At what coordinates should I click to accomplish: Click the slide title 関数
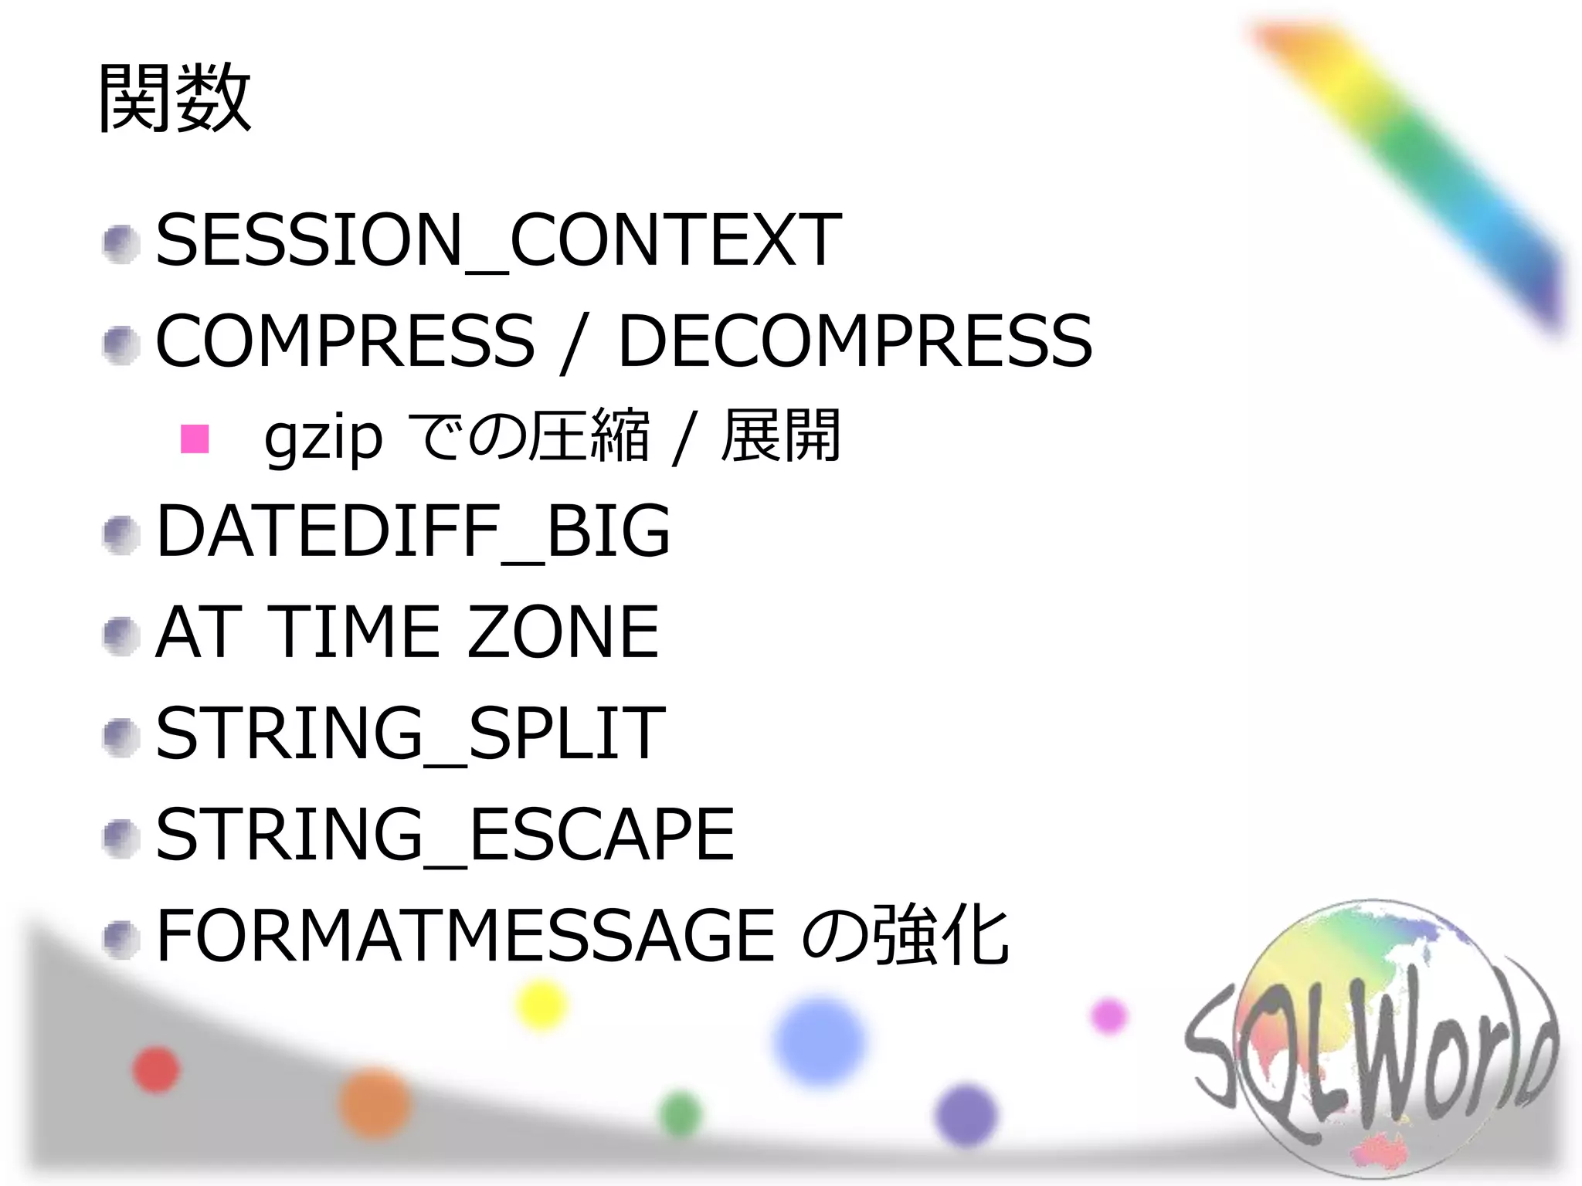pos(175,99)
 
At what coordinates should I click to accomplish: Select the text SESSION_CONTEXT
pos(498,240)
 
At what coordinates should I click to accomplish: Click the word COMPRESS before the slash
pos(345,341)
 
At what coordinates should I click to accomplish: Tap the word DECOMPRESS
pos(855,341)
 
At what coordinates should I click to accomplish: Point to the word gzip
pos(323,439)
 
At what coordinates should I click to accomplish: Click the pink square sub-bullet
pos(195,439)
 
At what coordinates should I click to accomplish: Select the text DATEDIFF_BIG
pos(412,530)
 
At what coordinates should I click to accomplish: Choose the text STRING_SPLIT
pos(410,733)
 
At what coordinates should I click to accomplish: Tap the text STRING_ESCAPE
pos(445,834)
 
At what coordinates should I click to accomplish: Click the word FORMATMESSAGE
pos(465,936)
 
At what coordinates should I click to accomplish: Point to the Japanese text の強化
pos(905,936)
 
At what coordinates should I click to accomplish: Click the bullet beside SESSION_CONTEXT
pos(121,244)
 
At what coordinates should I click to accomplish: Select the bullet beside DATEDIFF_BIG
pos(121,535)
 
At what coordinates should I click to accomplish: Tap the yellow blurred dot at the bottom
pos(541,1005)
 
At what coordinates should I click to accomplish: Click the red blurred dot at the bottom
pos(157,1070)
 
